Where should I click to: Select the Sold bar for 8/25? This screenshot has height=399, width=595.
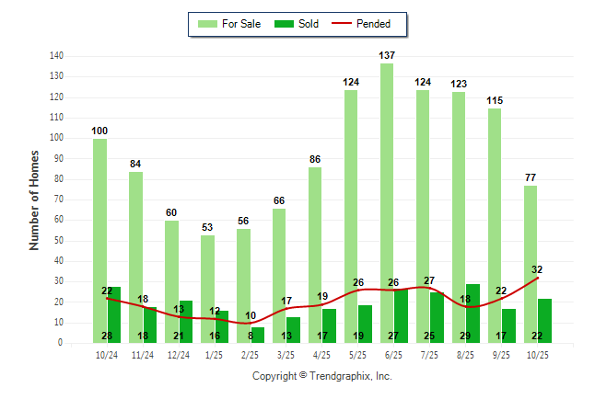472,313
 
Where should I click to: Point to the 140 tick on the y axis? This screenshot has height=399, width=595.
56,56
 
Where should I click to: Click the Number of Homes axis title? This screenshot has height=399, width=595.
35,199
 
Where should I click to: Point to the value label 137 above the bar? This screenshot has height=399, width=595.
388,56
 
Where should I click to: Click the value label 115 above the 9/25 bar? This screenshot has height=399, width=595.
496,100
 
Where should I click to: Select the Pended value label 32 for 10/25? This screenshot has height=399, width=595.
537,270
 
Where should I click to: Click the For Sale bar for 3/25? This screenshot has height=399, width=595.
279,267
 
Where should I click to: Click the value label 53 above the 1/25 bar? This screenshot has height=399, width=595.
207,227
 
